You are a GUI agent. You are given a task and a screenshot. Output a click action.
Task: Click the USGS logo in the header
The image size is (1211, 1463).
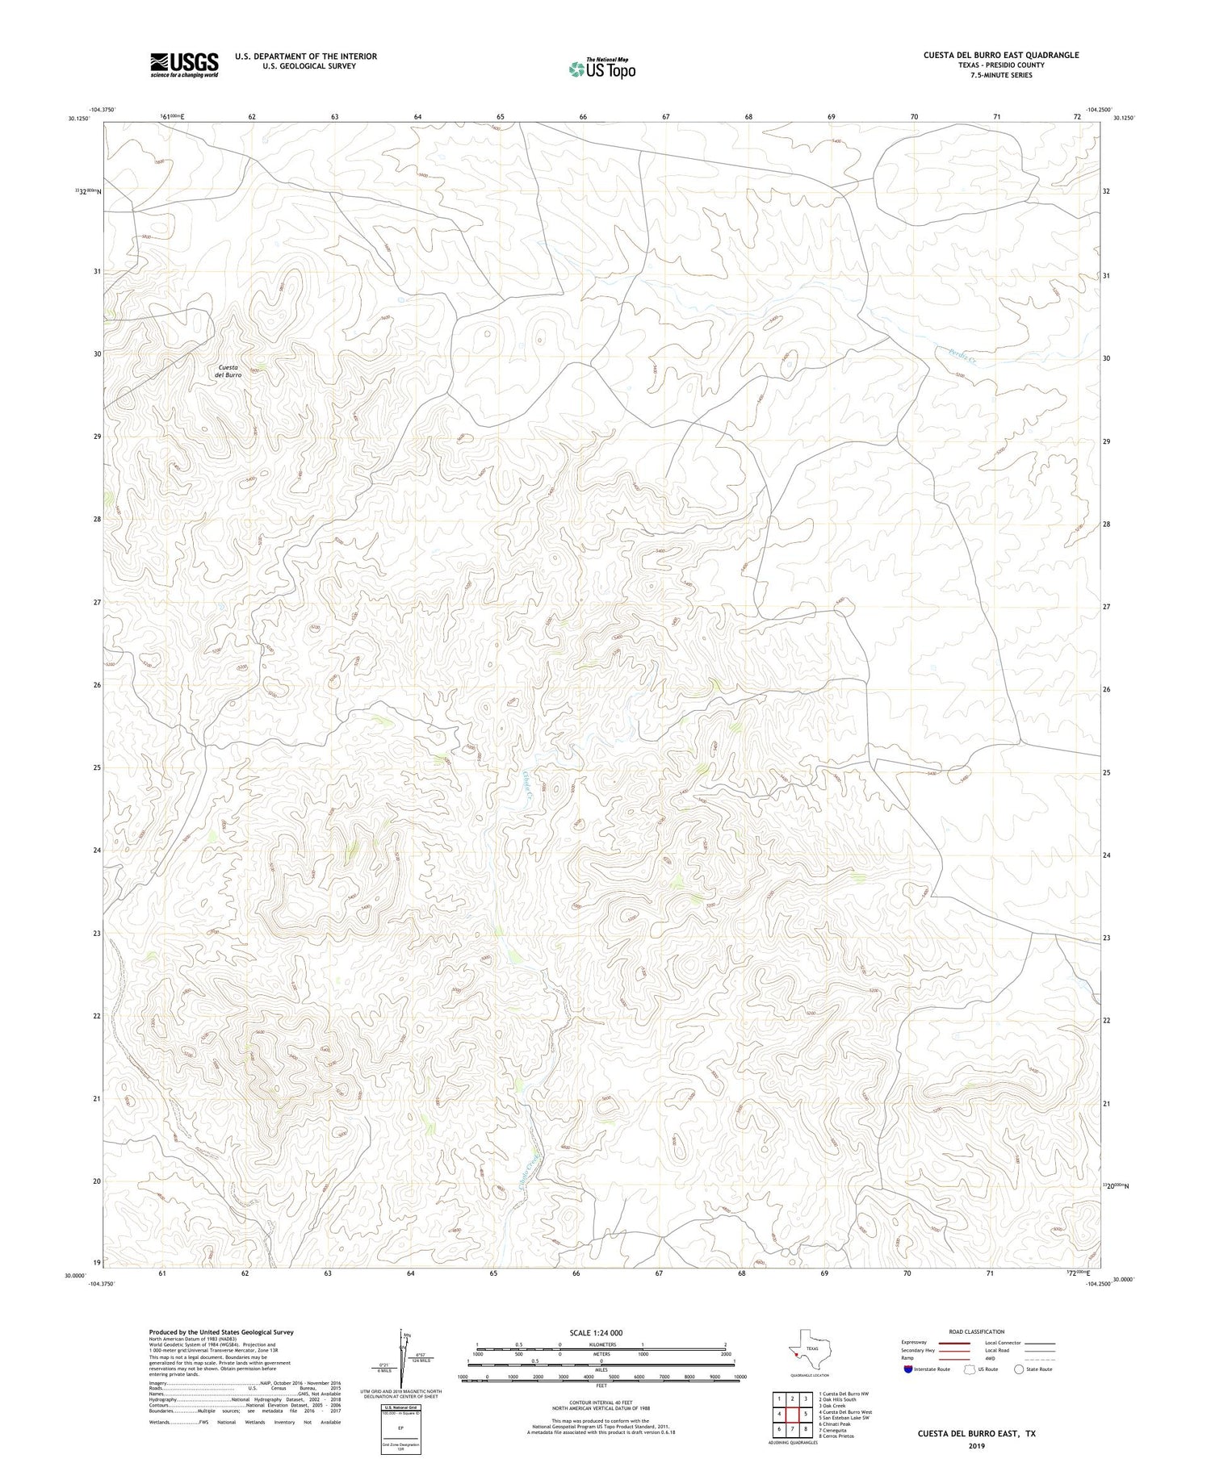[x=184, y=65]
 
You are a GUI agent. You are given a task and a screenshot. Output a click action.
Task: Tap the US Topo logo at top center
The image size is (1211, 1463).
[x=601, y=69]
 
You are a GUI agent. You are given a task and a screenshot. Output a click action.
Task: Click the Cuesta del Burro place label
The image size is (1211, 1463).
[x=228, y=371]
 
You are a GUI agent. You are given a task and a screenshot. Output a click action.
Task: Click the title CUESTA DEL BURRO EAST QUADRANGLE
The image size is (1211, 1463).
[x=1001, y=55]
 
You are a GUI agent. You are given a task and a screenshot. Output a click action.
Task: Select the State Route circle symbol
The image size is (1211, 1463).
[x=1019, y=1369]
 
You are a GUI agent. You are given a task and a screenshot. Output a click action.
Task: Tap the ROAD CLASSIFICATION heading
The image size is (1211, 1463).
[x=977, y=1331]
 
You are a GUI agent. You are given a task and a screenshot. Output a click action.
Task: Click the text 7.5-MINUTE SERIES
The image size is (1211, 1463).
[x=1001, y=75]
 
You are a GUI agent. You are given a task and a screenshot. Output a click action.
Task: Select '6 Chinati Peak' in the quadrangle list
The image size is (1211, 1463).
[x=835, y=1424]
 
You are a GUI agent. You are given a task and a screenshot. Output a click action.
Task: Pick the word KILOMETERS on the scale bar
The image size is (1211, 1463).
[x=601, y=1344]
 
